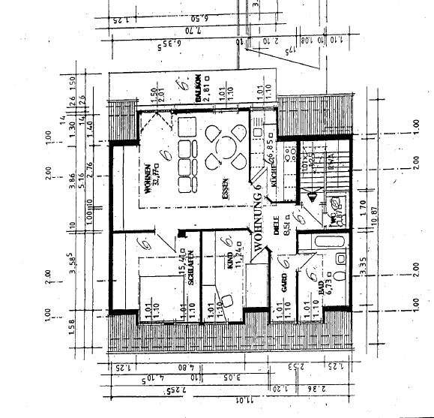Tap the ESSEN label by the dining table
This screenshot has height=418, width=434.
click(x=225, y=187)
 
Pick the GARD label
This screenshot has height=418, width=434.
click(x=286, y=282)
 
